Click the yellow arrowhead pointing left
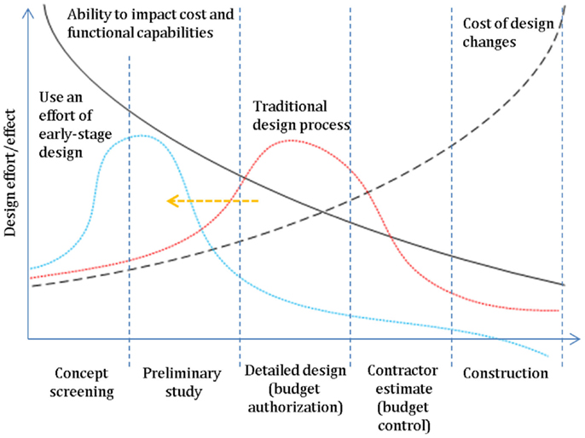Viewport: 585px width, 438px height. (x=171, y=201)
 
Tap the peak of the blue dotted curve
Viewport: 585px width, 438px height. (x=142, y=136)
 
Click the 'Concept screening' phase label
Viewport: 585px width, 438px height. (x=84, y=383)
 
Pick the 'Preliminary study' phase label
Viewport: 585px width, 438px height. (x=182, y=383)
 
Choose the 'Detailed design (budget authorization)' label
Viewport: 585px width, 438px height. (x=295, y=389)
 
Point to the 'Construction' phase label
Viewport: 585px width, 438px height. (x=506, y=373)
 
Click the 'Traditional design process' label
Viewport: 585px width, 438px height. (x=304, y=115)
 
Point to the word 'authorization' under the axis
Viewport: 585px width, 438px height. (x=296, y=406)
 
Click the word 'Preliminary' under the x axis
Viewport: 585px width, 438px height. (x=182, y=373)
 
